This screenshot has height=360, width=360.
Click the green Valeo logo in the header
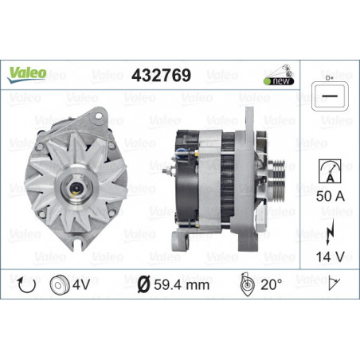tap(27, 74)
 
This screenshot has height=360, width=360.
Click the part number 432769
tap(161, 75)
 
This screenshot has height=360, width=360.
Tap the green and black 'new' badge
tap(279, 81)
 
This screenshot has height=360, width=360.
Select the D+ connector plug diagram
tap(330, 96)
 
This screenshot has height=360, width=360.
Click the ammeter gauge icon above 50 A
tap(330, 171)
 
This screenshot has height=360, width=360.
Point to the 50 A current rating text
tap(331, 196)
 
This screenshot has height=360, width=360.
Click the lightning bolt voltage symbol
tap(330, 232)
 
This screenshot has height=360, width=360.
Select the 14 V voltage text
tap(330, 256)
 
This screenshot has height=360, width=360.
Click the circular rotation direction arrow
tap(26, 284)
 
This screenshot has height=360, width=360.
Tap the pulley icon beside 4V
tap(59, 284)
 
